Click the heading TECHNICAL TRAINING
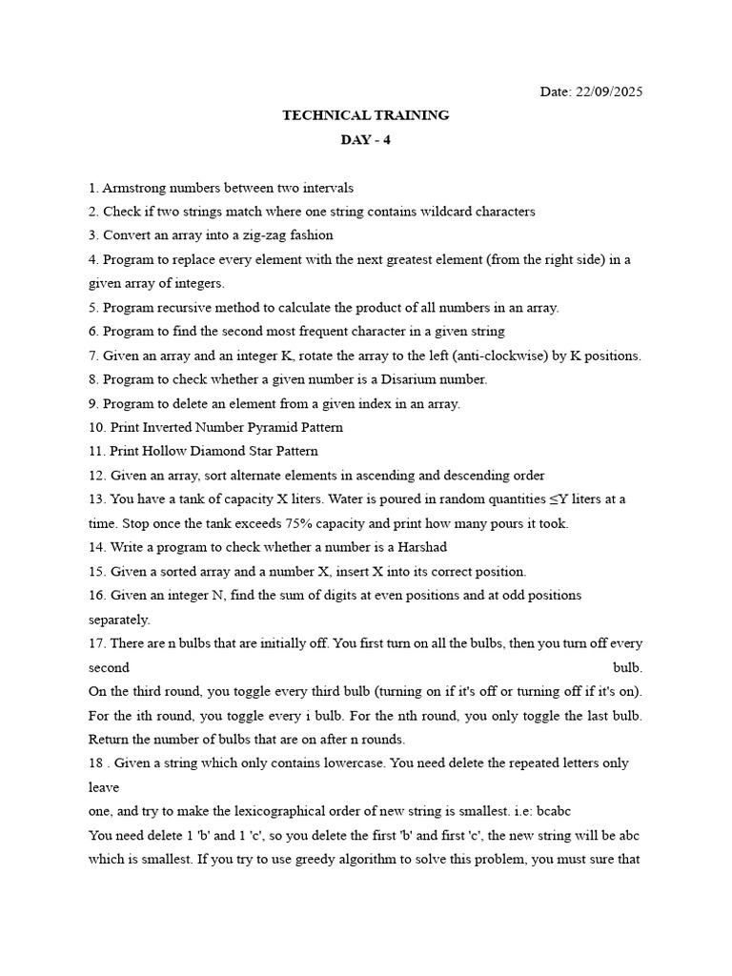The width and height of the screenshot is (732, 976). [x=365, y=115]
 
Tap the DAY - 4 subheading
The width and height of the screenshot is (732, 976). [x=365, y=140]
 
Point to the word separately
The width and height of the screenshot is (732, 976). [x=119, y=619]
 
